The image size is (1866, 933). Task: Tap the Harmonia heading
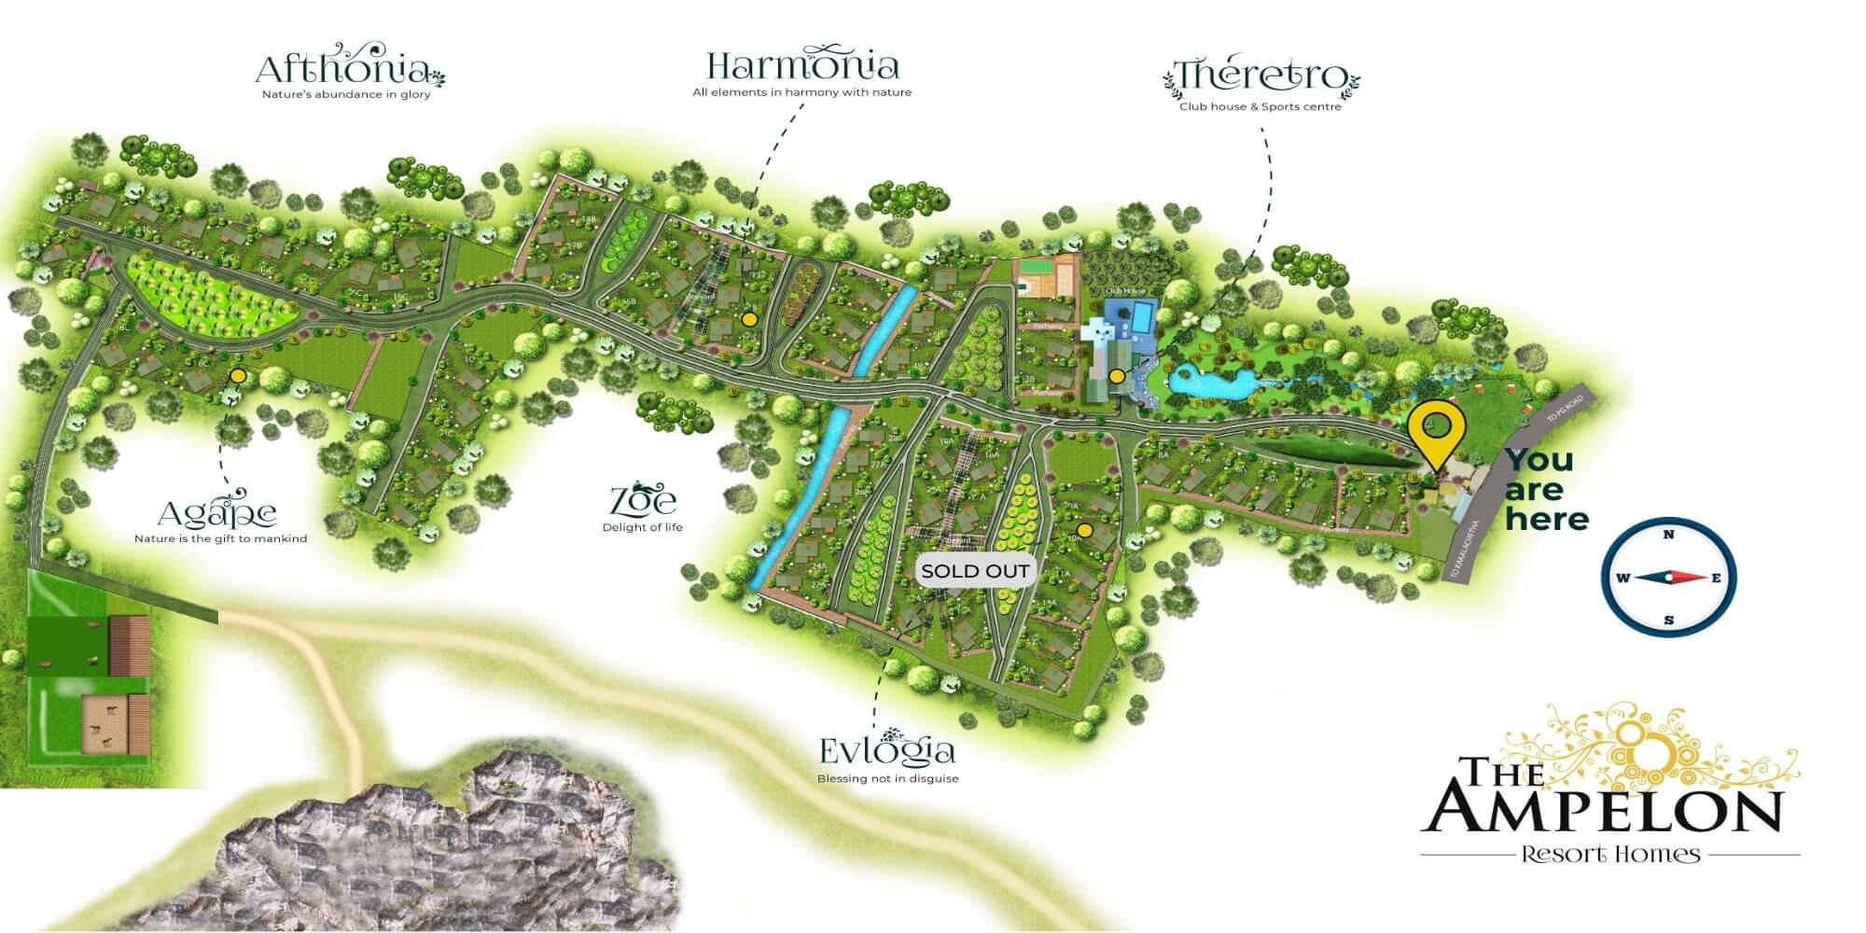(x=802, y=65)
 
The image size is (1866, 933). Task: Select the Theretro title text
(x=1260, y=77)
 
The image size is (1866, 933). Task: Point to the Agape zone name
(x=217, y=512)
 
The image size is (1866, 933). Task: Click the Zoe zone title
(x=643, y=500)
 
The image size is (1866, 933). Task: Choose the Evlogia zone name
(x=886, y=751)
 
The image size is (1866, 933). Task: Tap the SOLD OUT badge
(x=975, y=571)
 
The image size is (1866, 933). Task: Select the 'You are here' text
(x=1545, y=489)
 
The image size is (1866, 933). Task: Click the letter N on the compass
(x=1668, y=535)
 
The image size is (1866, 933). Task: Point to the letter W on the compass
(x=1622, y=578)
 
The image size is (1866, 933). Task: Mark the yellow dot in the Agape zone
(x=238, y=376)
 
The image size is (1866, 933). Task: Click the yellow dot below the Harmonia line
(x=748, y=319)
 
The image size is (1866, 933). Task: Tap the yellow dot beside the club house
(x=1117, y=377)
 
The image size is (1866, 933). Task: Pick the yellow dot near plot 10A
(x=1083, y=531)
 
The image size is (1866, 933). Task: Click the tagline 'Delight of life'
(x=643, y=527)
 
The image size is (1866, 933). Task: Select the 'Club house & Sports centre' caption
(x=1260, y=106)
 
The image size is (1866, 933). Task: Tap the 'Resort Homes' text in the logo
(x=1610, y=854)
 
